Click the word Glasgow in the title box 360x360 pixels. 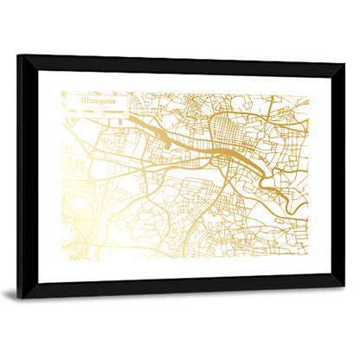pos(97,100)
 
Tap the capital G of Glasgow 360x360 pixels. pos(84,100)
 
